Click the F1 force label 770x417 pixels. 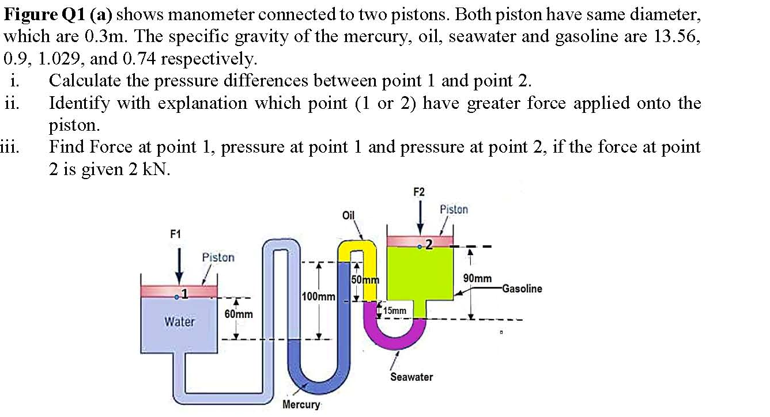click(x=175, y=234)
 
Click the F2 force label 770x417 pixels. click(x=420, y=191)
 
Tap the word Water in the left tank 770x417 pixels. click(x=180, y=322)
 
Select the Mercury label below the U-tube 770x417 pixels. click(x=301, y=404)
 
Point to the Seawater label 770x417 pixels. click(x=411, y=377)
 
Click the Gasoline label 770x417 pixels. click(x=522, y=289)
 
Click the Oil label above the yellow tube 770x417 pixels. click(x=348, y=215)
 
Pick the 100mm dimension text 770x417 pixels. click(x=318, y=297)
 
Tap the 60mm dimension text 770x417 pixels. click(x=239, y=314)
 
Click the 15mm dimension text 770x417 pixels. click(x=395, y=311)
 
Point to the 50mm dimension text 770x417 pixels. click(x=364, y=280)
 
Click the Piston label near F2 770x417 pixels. click(x=454, y=210)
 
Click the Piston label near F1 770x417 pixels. click(x=218, y=257)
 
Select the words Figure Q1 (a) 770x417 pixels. click(x=57, y=14)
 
